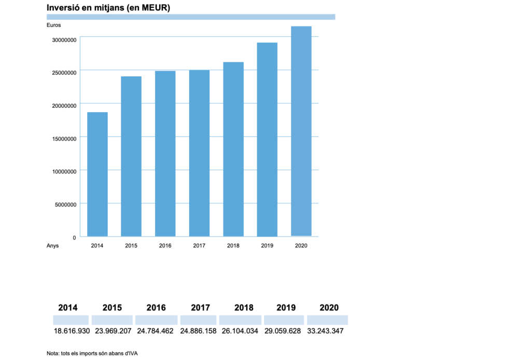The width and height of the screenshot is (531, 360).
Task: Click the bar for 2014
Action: click(x=97, y=174)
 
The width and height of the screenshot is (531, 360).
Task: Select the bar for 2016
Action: click(x=165, y=154)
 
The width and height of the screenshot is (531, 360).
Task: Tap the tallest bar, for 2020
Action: click(x=301, y=131)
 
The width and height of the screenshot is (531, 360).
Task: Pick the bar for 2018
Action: click(x=233, y=149)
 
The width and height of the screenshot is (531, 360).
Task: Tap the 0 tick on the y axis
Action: click(x=74, y=238)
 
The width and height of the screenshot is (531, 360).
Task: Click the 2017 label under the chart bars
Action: click(x=199, y=246)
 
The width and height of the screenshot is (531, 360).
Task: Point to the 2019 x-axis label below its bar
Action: click(x=267, y=246)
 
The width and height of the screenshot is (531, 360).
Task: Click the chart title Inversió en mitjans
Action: click(x=108, y=8)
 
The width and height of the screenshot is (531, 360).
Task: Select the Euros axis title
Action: click(x=53, y=25)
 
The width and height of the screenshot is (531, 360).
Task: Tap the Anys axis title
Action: click(x=53, y=246)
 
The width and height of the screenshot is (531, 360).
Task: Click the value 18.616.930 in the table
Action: click(x=72, y=331)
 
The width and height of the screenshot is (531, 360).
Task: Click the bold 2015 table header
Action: click(x=112, y=308)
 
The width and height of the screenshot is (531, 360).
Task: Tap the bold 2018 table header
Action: click(x=244, y=308)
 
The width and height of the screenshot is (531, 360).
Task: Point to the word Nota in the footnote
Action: click(x=52, y=353)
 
